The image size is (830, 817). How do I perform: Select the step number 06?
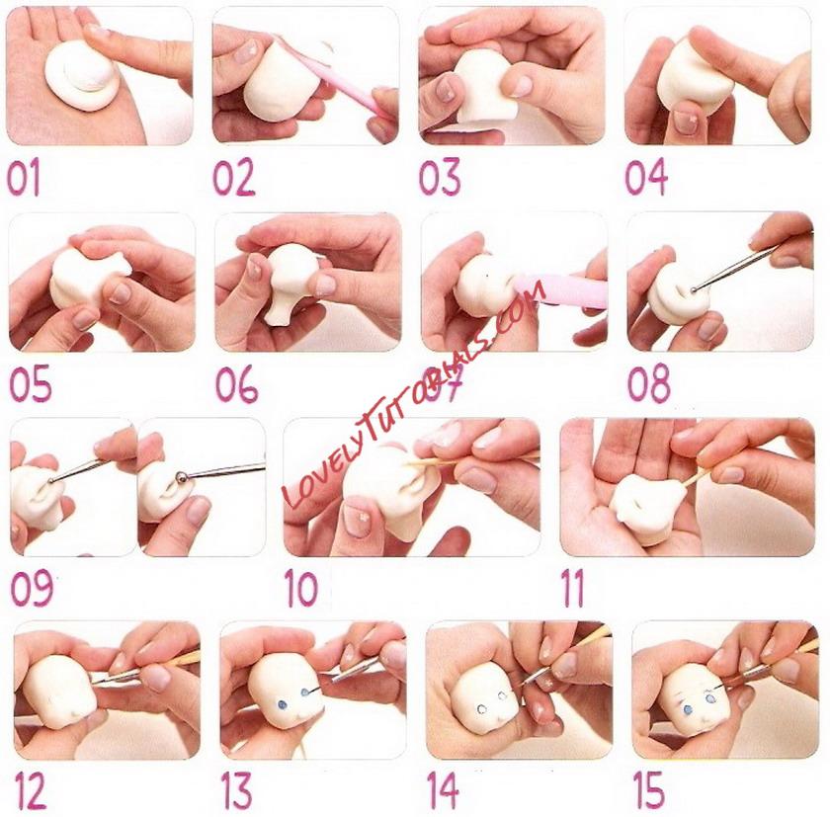coord(236,384)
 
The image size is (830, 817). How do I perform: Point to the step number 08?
coord(649,383)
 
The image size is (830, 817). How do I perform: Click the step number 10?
coord(301,588)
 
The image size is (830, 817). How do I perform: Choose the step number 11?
coord(573,588)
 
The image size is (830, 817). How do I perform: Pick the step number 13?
coord(236,789)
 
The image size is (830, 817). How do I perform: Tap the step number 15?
coord(648,788)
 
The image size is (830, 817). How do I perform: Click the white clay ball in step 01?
coord(82,76)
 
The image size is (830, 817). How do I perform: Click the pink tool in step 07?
coord(561,291)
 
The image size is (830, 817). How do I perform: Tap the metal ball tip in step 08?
coord(694,289)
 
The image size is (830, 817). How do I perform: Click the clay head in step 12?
coord(59,693)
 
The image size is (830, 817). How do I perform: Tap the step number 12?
coord(31,789)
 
